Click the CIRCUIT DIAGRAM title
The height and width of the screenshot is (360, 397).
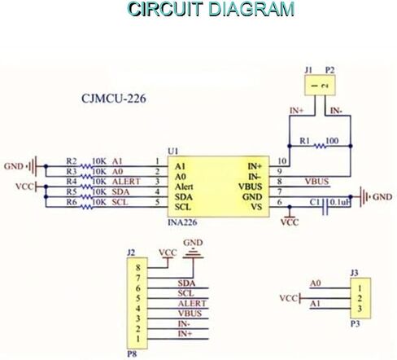(211, 9)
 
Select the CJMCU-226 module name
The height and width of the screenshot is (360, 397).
(114, 99)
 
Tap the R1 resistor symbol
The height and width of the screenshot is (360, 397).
(321, 146)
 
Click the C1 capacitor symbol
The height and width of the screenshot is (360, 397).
(325, 207)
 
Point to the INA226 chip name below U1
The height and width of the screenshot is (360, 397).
(182, 222)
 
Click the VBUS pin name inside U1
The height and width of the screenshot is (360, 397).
(251, 187)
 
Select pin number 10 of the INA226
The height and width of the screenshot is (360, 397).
(282, 161)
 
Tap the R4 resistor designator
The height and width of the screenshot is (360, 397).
(72, 181)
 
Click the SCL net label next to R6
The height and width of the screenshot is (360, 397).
(120, 202)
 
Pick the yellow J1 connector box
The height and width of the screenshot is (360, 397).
(320, 86)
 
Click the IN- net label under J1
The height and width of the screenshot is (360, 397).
(336, 111)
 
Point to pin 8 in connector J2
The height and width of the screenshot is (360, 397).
(138, 268)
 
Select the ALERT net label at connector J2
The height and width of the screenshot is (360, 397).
(192, 303)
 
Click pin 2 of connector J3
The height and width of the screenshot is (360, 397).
(360, 298)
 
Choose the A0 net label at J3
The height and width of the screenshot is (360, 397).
(316, 283)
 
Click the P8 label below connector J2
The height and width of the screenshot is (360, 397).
(132, 354)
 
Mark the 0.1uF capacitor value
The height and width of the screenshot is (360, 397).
(340, 202)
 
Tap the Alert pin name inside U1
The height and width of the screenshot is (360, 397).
(184, 187)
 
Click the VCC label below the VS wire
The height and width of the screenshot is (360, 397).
(290, 222)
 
